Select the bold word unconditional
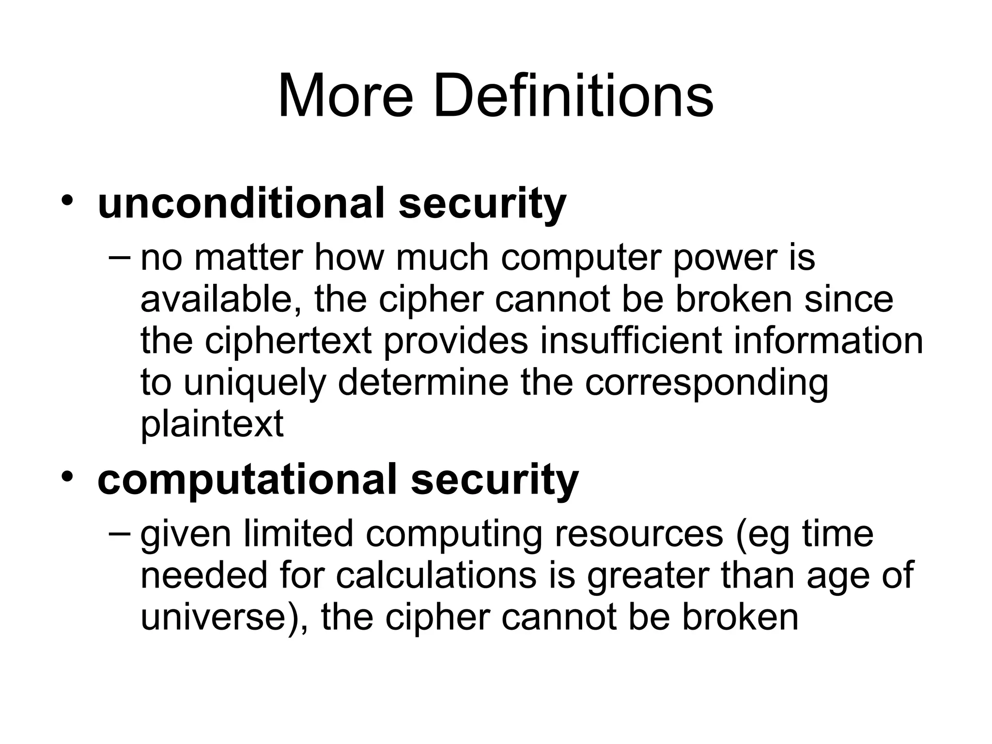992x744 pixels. [x=241, y=203]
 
